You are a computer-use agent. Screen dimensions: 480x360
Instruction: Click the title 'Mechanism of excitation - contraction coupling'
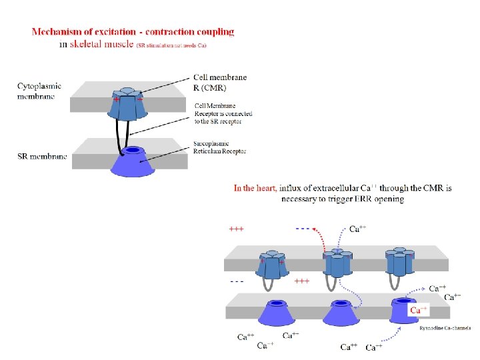click(133, 31)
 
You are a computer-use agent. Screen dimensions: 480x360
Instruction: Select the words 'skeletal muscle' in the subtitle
click(103, 45)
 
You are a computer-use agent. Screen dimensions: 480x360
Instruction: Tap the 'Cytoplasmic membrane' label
click(39, 91)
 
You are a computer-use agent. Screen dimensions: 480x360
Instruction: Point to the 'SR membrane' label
click(43, 157)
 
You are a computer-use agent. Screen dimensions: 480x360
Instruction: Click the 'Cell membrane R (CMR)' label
click(219, 82)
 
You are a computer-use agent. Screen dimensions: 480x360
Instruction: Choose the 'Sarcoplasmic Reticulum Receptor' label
click(221, 147)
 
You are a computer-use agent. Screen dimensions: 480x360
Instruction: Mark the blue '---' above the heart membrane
click(303, 229)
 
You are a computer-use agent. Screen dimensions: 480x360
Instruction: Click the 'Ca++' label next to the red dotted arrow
click(357, 229)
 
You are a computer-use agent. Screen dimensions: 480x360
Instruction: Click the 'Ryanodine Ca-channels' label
click(445, 328)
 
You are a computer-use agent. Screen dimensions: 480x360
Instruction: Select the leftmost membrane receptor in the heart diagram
click(271, 264)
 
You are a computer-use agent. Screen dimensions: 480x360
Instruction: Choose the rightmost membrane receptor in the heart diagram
click(399, 262)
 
